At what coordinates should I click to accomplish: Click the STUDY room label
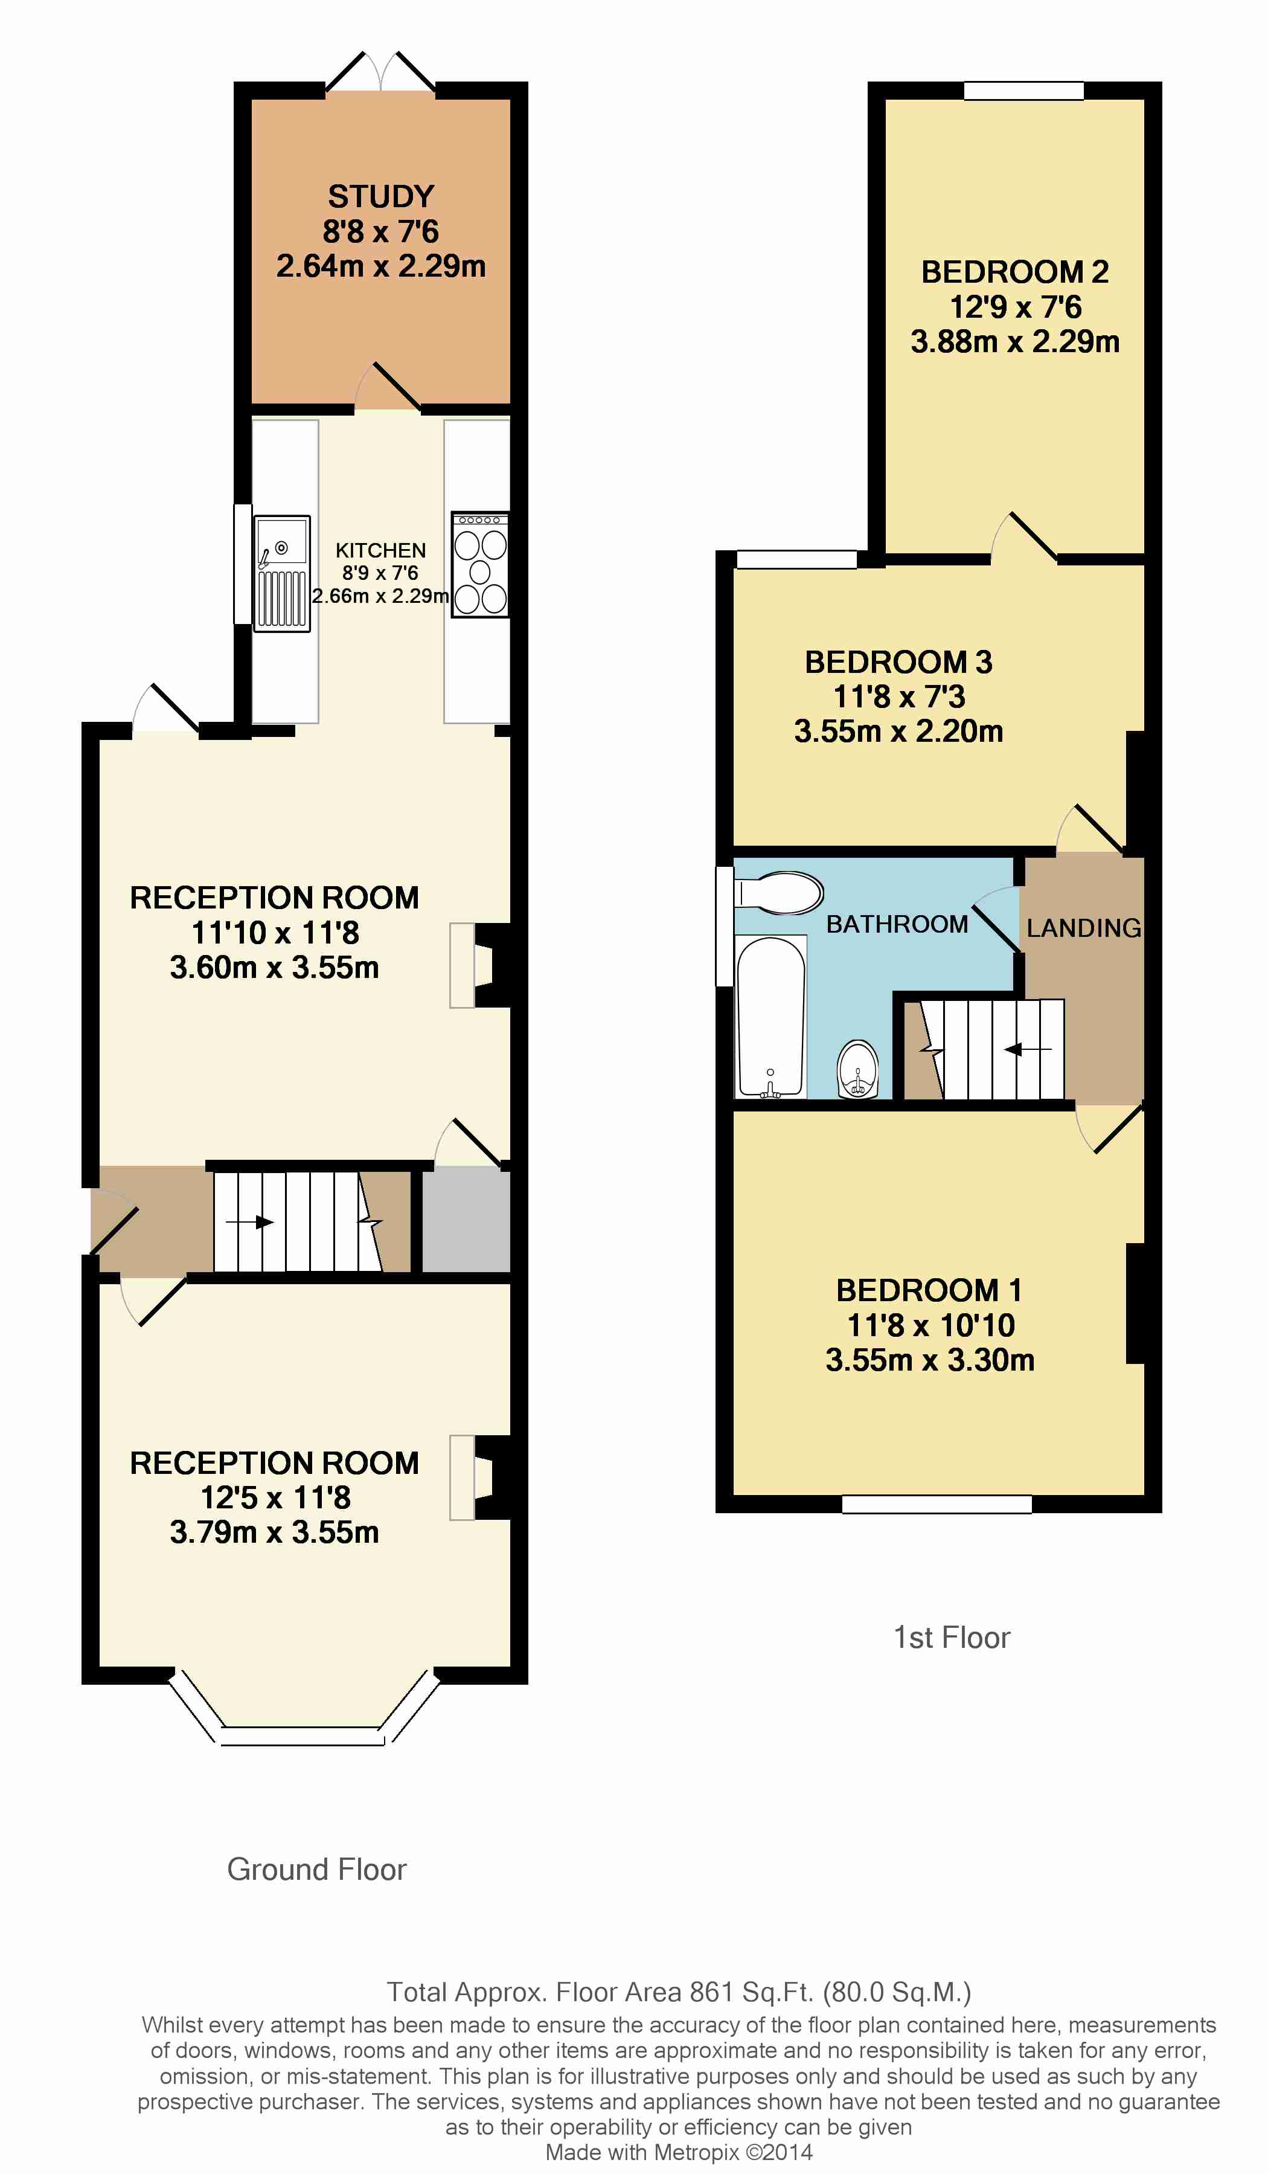[x=380, y=197]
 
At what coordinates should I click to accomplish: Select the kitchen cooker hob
[x=481, y=564]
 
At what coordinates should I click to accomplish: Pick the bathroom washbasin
[x=857, y=1070]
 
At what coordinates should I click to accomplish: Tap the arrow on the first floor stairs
[x=1027, y=1049]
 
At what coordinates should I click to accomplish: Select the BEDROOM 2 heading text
[x=1014, y=272]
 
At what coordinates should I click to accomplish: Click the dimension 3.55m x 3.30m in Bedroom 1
[x=930, y=1360]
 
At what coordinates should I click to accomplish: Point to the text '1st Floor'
[x=952, y=1638]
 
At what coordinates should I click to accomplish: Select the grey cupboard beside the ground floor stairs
[x=466, y=1219]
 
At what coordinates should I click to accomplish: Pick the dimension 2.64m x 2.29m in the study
[x=380, y=266]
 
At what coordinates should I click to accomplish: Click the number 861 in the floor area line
[x=712, y=1992]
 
